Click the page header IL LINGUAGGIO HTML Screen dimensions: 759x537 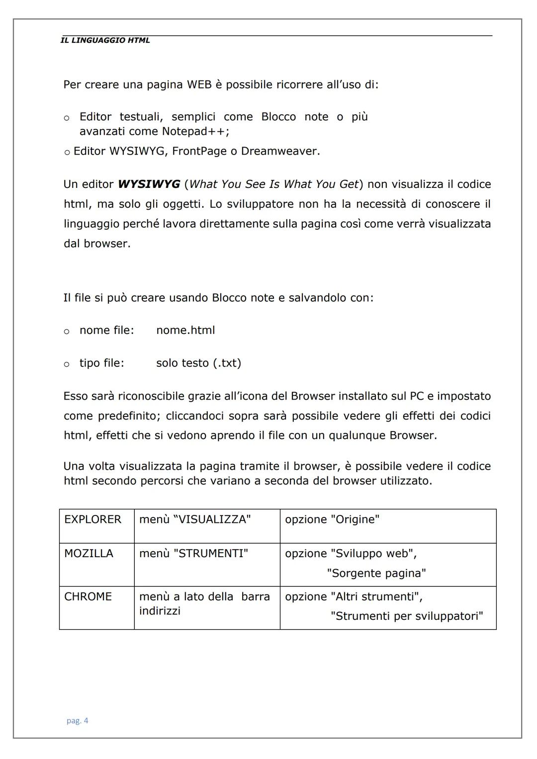point(105,41)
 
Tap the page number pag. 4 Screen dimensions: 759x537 point(78,721)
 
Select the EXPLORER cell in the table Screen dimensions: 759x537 point(93,519)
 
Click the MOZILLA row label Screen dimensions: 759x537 point(89,554)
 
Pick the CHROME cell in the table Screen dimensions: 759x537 point(88,596)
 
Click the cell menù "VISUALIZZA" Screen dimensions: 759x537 point(195,519)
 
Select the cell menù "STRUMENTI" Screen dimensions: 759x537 point(193,554)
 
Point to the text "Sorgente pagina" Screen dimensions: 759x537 point(376,574)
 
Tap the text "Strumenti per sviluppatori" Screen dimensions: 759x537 point(407,616)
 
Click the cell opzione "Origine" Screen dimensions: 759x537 point(332,519)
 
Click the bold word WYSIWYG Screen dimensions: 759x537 point(149,184)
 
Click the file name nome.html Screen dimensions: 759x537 point(185,331)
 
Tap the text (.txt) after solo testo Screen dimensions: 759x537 point(227,363)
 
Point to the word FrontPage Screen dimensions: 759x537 point(199,151)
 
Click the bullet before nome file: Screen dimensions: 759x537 point(67,332)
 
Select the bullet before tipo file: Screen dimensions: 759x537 point(67,364)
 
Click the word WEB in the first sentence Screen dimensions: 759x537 point(199,85)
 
